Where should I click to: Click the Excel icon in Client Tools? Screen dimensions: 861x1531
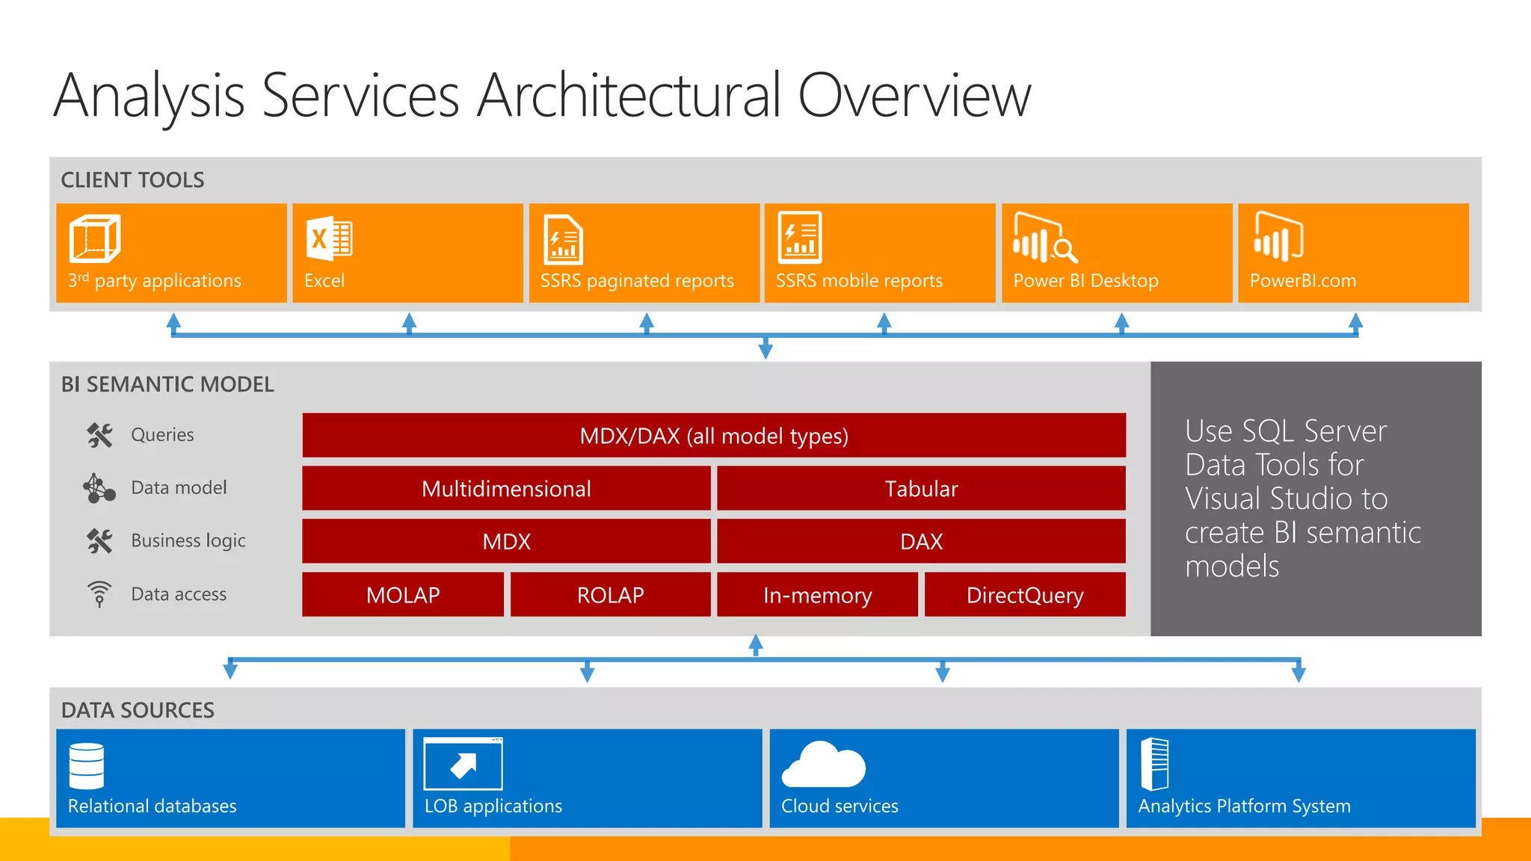(x=329, y=238)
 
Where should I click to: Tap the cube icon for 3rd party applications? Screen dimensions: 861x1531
(x=95, y=238)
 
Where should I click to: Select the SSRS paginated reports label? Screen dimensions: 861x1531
(x=637, y=281)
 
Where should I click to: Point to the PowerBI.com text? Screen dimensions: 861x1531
(x=1302, y=281)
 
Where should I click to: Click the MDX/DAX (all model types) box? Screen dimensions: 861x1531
(x=714, y=436)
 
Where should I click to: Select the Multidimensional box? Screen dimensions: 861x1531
(x=506, y=489)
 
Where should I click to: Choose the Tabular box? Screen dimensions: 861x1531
(x=921, y=489)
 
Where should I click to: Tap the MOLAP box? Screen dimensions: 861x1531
(x=403, y=595)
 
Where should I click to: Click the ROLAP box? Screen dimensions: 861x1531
(x=610, y=595)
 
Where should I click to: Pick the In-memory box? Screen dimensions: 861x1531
(x=817, y=595)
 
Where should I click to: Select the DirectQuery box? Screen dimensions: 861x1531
(x=1025, y=595)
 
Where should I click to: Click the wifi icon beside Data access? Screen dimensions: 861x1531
(x=99, y=593)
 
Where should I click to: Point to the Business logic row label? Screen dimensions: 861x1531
(x=188, y=540)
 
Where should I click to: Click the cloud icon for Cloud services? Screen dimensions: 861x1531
(x=824, y=765)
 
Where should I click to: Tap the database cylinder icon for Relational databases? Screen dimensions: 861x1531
(x=87, y=766)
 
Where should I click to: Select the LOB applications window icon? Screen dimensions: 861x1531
(x=463, y=764)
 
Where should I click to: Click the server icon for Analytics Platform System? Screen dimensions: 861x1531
(x=1155, y=764)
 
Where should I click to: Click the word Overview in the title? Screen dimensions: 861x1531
(x=914, y=96)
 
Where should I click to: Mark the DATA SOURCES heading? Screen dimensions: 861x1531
(x=138, y=710)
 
